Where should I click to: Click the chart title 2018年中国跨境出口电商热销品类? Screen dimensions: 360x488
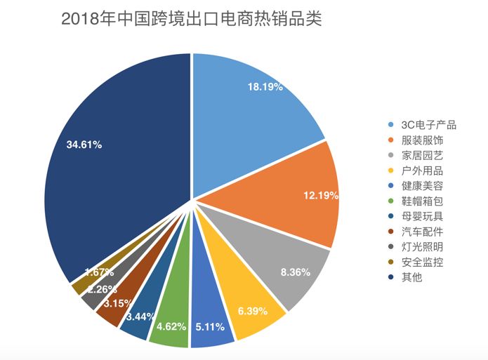pos(191,19)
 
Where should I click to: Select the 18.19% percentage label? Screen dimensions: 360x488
pos(265,87)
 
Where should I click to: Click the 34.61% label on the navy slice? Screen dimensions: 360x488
pos(84,145)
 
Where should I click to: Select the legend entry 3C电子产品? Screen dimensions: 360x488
pos(428,125)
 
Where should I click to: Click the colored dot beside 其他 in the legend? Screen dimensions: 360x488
pos(390,278)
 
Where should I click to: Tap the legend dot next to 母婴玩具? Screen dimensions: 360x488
pos(390,217)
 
